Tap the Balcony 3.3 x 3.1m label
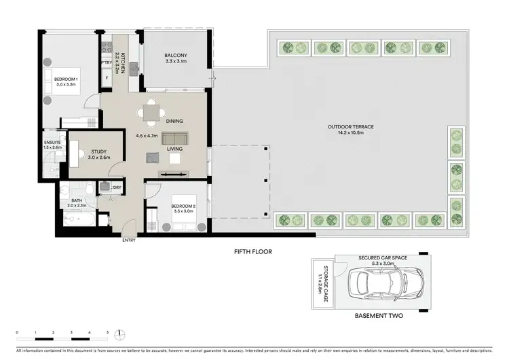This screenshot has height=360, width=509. coord(175,58)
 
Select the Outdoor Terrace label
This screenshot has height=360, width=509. coord(351,129)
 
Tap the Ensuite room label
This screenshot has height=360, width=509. coord(52,145)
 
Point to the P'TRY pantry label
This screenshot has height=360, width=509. coord(106,63)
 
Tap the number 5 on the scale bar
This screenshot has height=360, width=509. coord(107,333)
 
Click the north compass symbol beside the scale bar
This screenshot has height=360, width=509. coord(119,334)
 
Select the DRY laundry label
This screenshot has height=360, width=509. coord(117,187)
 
